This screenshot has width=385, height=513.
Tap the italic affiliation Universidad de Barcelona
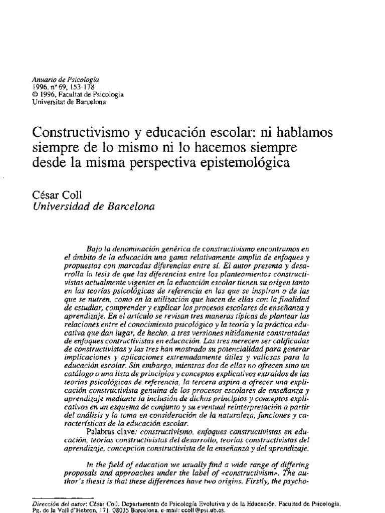click(x=93, y=205)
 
